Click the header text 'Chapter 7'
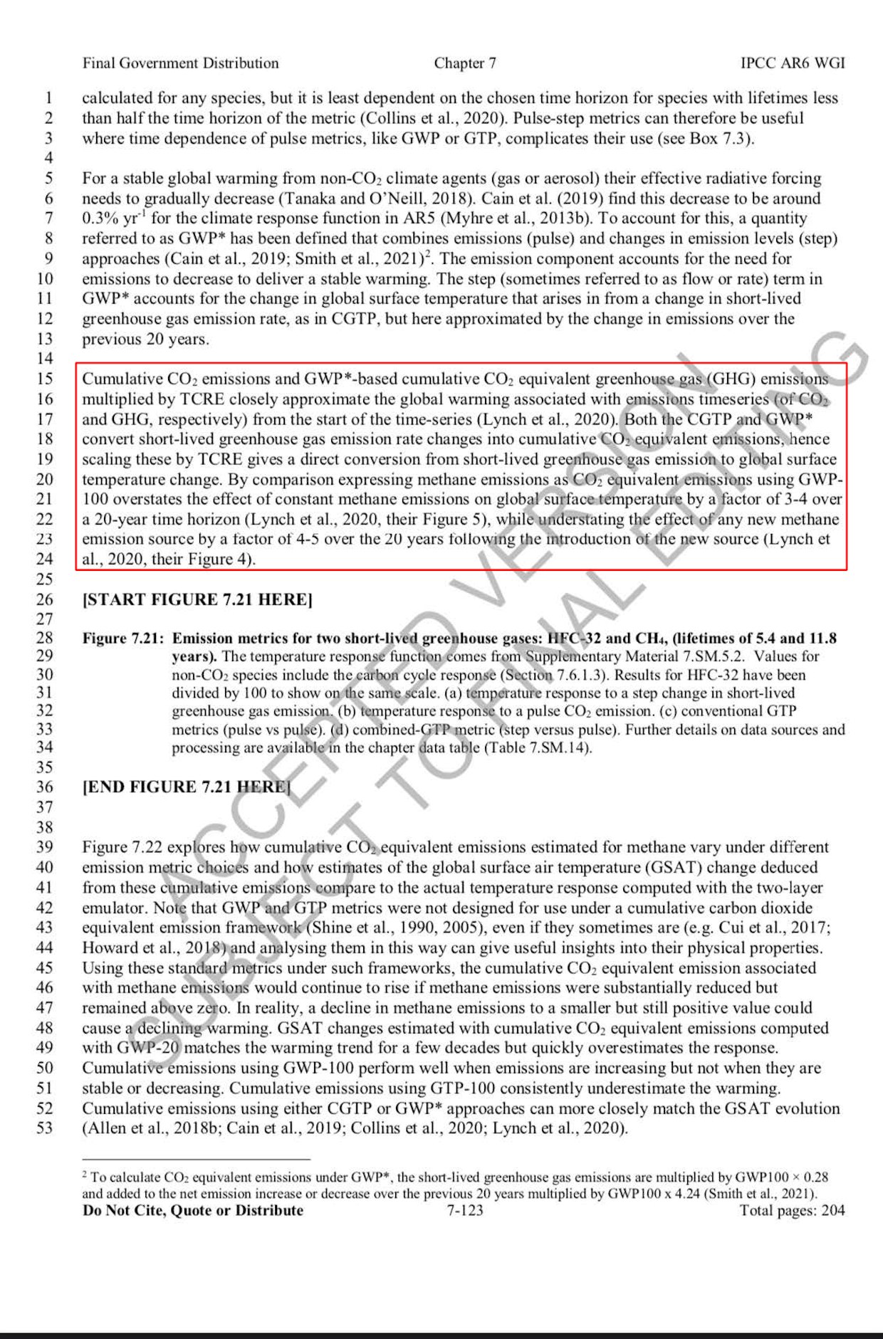coord(465,63)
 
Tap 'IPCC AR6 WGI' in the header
coord(793,63)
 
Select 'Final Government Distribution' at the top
coord(180,63)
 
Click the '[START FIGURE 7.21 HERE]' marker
coord(197,599)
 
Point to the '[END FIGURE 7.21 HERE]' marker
coord(187,787)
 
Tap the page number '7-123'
coord(464,1210)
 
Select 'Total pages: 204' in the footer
coord(792,1210)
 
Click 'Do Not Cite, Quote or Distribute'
coord(193,1210)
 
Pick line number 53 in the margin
coord(45,1128)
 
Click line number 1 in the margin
coord(49,98)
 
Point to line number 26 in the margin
coord(45,599)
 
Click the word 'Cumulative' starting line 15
coord(122,379)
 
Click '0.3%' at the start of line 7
coord(99,219)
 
